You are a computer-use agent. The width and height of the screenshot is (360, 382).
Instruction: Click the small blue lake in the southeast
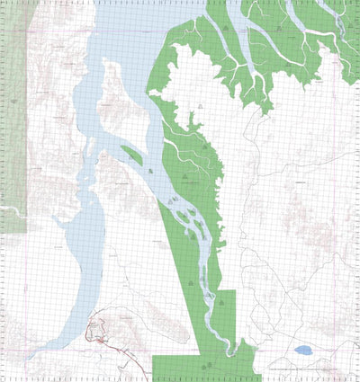[x=303, y=350]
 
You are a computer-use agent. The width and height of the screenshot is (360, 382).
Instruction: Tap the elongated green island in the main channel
[x=131, y=155]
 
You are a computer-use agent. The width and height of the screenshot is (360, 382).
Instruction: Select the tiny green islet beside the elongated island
[x=148, y=166]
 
